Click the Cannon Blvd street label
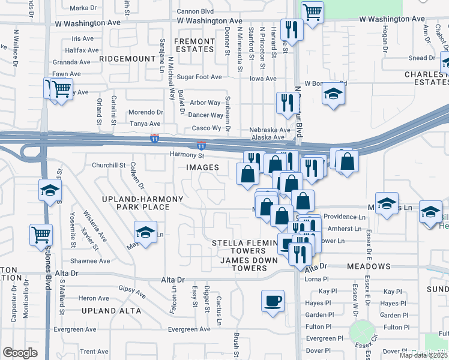(x=196, y=11)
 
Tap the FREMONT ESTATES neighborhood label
(x=194, y=46)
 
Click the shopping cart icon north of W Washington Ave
(x=312, y=12)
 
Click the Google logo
(x=20, y=353)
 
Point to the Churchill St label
(x=108, y=165)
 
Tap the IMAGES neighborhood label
(x=202, y=167)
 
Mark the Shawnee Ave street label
(x=91, y=261)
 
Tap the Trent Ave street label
(x=94, y=352)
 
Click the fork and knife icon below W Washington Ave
(x=292, y=30)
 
